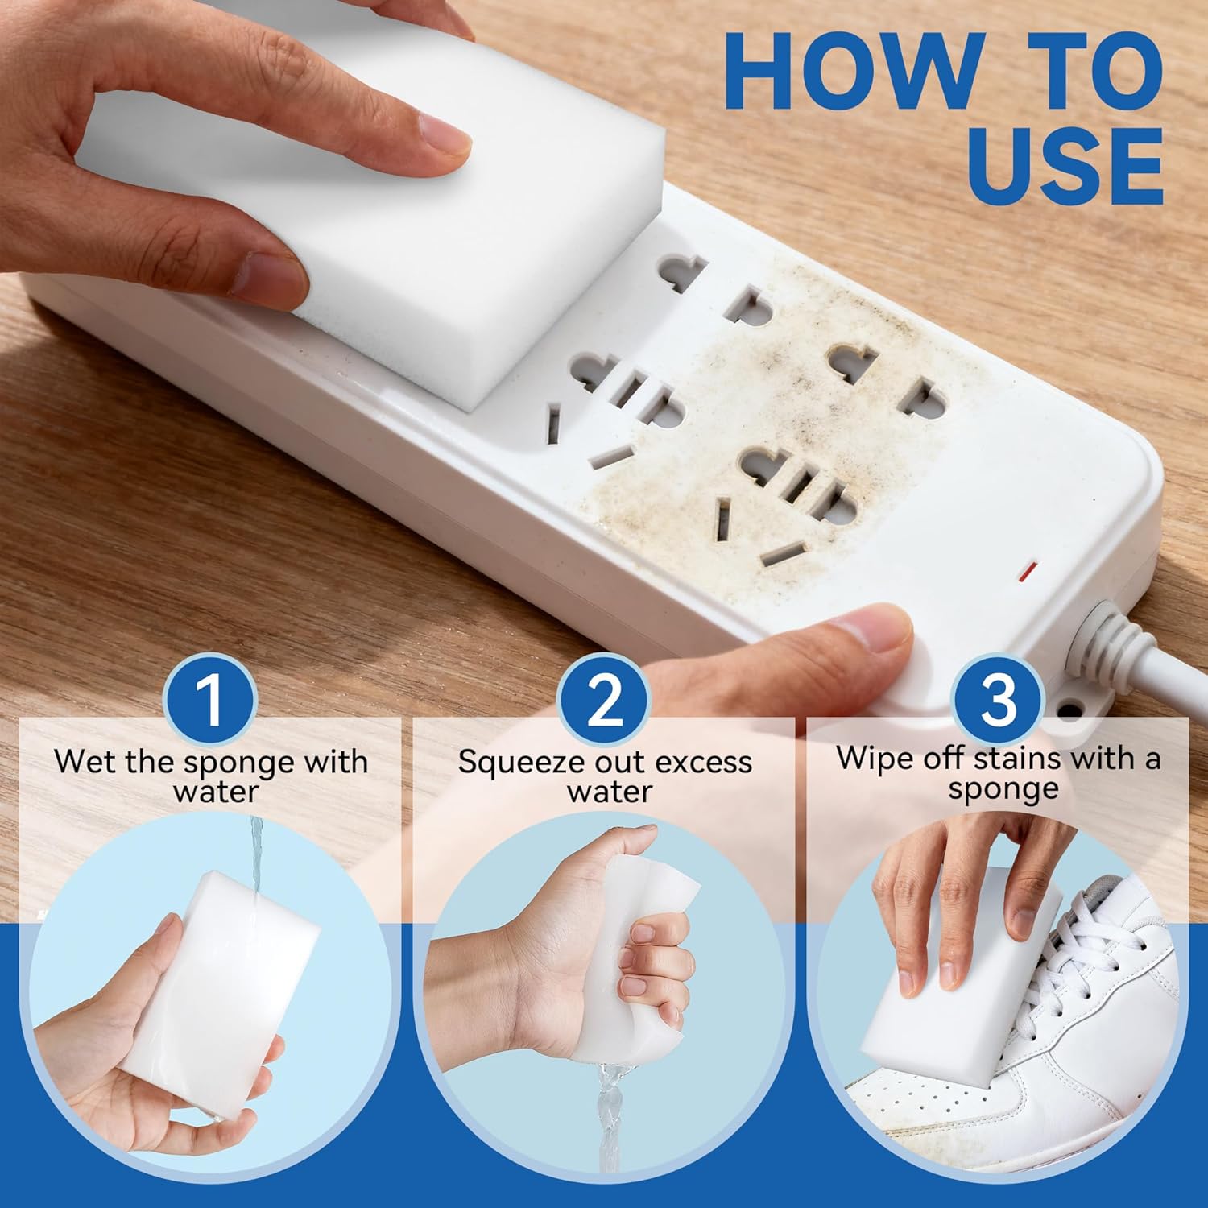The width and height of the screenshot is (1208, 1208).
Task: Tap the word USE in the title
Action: (x=1065, y=166)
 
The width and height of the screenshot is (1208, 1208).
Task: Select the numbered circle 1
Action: (x=210, y=699)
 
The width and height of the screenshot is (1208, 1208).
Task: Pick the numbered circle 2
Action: (x=605, y=699)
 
